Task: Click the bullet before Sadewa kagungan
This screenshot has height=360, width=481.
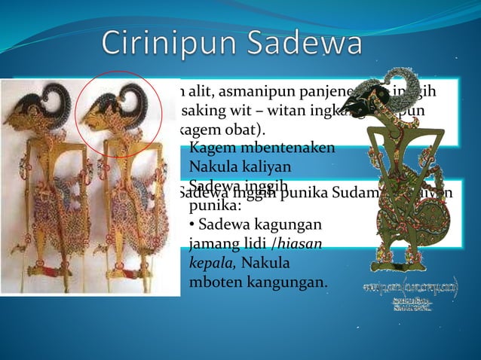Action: (193, 225)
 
